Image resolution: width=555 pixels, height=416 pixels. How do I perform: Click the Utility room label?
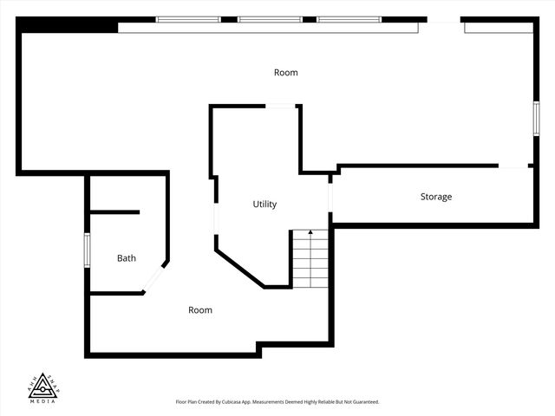pyautogui.click(x=264, y=205)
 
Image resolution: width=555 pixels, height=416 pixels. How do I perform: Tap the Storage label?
pyautogui.click(x=436, y=197)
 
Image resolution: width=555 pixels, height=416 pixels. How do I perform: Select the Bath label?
pyautogui.click(x=127, y=258)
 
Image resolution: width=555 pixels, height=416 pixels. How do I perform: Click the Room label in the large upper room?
pyautogui.click(x=285, y=73)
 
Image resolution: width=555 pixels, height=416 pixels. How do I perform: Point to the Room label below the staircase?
pyautogui.click(x=200, y=310)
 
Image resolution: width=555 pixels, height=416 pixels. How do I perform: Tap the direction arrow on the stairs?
pyautogui.click(x=310, y=234)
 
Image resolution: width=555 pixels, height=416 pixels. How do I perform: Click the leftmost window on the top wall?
pyautogui.click(x=188, y=19)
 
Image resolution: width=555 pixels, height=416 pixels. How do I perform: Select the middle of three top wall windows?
pyautogui.click(x=269, y=19)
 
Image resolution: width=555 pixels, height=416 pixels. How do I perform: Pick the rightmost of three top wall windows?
pyautogui.click(x=349, y=19)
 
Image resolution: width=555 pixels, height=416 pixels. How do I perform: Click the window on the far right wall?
pyautogui.click(x=536, y=118)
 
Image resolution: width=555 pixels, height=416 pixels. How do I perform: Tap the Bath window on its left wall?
pyautogui.click(x=87, y=250)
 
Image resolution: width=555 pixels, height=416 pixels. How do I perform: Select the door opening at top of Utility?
pyautogui.click(x=280, y=107)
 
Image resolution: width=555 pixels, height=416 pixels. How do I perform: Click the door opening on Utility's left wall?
pyautogui.click(x=215, y=218)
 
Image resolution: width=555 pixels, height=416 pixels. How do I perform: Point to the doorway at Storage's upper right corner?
pyautogui.click(x=515, y=166)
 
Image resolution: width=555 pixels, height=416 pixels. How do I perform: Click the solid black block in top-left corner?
pyautogui.click(x=68, y=24)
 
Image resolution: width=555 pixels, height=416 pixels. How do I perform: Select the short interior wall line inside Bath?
pyautogui.click(x=114, y=212)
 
